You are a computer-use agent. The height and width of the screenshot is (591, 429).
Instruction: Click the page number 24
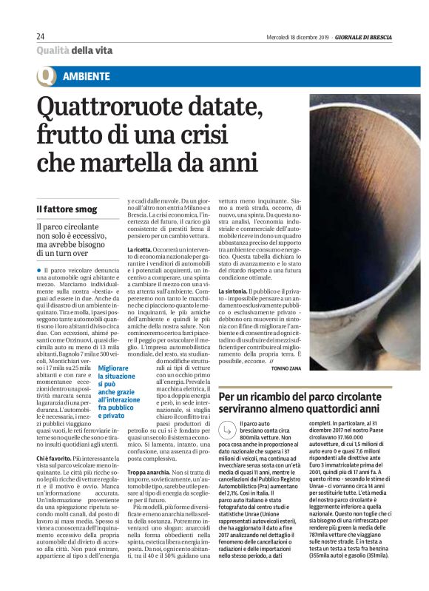point(40,36)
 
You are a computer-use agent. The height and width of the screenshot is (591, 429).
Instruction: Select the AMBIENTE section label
point(87,76)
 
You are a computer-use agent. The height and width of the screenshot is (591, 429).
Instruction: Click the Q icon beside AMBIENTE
point(46,77)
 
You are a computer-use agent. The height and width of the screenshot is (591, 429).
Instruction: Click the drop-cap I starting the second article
point(222,426)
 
